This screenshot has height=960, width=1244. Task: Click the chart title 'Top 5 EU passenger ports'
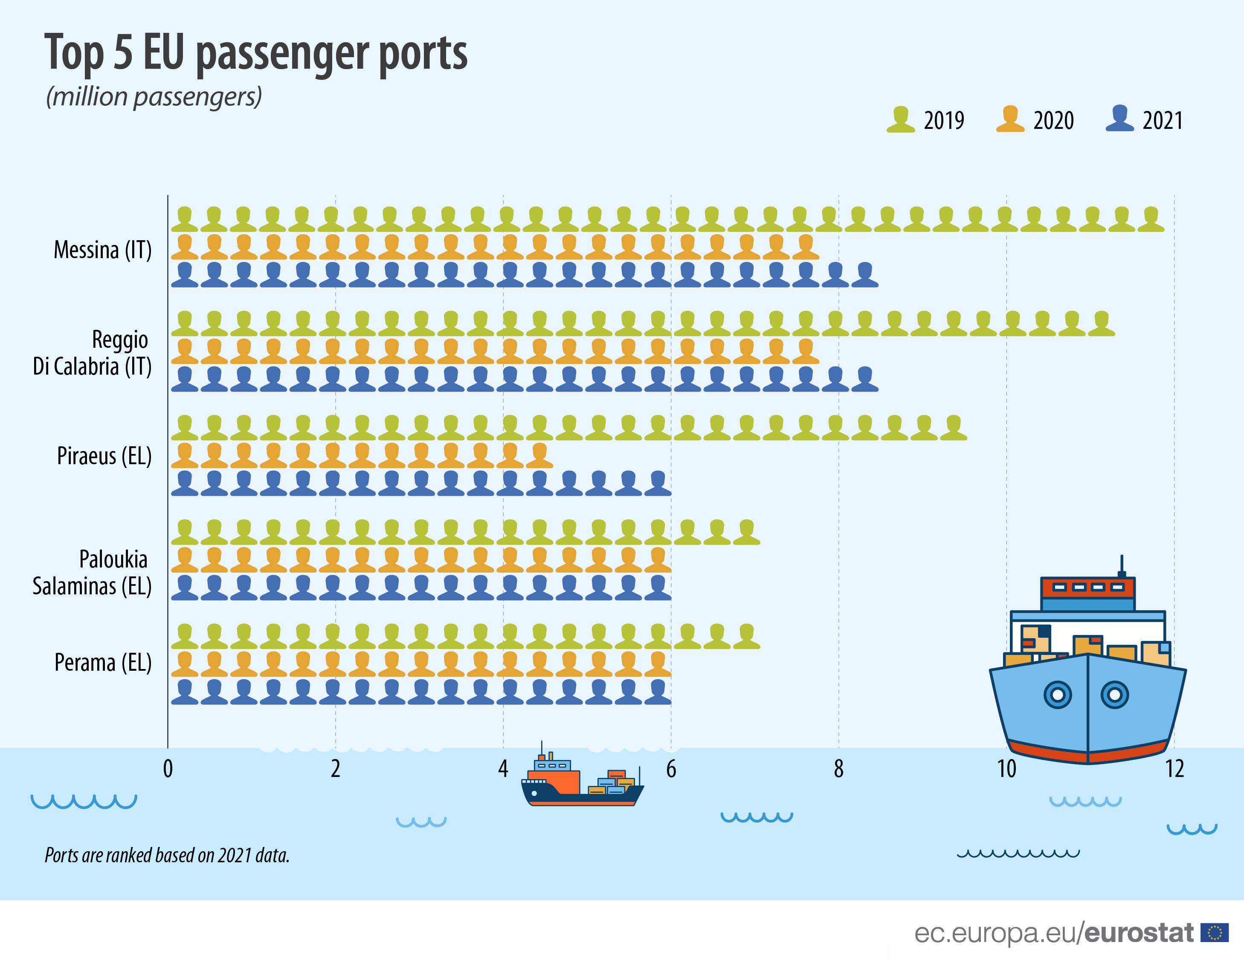256,52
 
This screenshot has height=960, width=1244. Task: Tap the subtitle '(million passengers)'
154,96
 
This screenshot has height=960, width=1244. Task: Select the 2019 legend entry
925,119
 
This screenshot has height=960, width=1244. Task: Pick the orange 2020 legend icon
1010,119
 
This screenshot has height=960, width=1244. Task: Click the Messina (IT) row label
102,250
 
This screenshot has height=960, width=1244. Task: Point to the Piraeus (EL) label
104,456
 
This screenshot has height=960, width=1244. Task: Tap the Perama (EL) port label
103,663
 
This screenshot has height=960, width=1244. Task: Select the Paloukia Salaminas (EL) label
92,573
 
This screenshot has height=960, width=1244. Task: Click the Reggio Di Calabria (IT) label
92,353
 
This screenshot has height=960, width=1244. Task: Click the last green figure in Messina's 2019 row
1151,219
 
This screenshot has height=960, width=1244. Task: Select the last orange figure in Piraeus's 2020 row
539,456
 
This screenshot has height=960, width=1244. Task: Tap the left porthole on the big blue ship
1058,695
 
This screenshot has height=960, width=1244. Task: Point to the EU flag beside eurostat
1215,933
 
